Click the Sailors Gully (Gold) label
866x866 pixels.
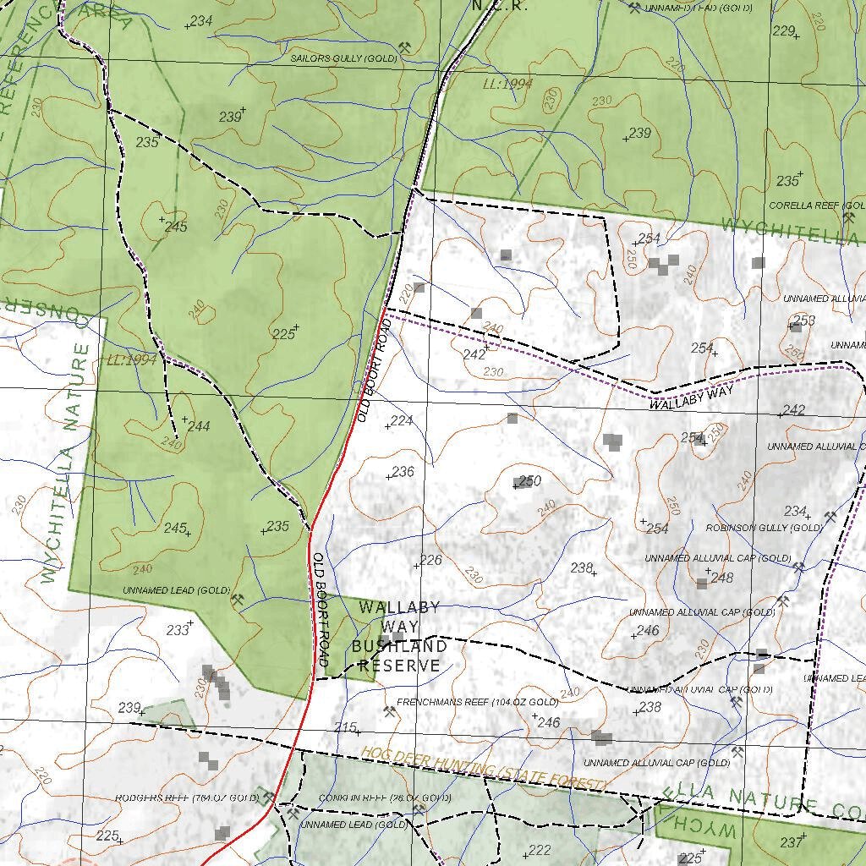(343, 58)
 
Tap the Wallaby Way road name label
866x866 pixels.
(691, 399)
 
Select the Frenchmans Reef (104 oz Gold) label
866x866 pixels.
(477, 703)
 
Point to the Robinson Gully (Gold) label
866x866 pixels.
(764, 528)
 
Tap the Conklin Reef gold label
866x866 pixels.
(385, 798)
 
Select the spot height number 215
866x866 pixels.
(345, 727)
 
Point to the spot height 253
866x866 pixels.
(804, 320)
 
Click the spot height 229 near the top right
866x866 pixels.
(784, 31)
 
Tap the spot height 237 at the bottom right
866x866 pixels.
(791, 842)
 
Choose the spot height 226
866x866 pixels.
(430, 560)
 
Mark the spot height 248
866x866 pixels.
(721, 578)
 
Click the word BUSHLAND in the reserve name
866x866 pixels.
(399, 647)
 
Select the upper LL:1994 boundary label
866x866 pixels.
(507, 84)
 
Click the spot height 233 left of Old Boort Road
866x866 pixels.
(178, 630)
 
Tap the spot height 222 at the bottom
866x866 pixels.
(539, 850)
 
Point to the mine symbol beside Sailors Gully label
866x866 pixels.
(404, 47)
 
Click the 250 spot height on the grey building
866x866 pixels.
(529, 480)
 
